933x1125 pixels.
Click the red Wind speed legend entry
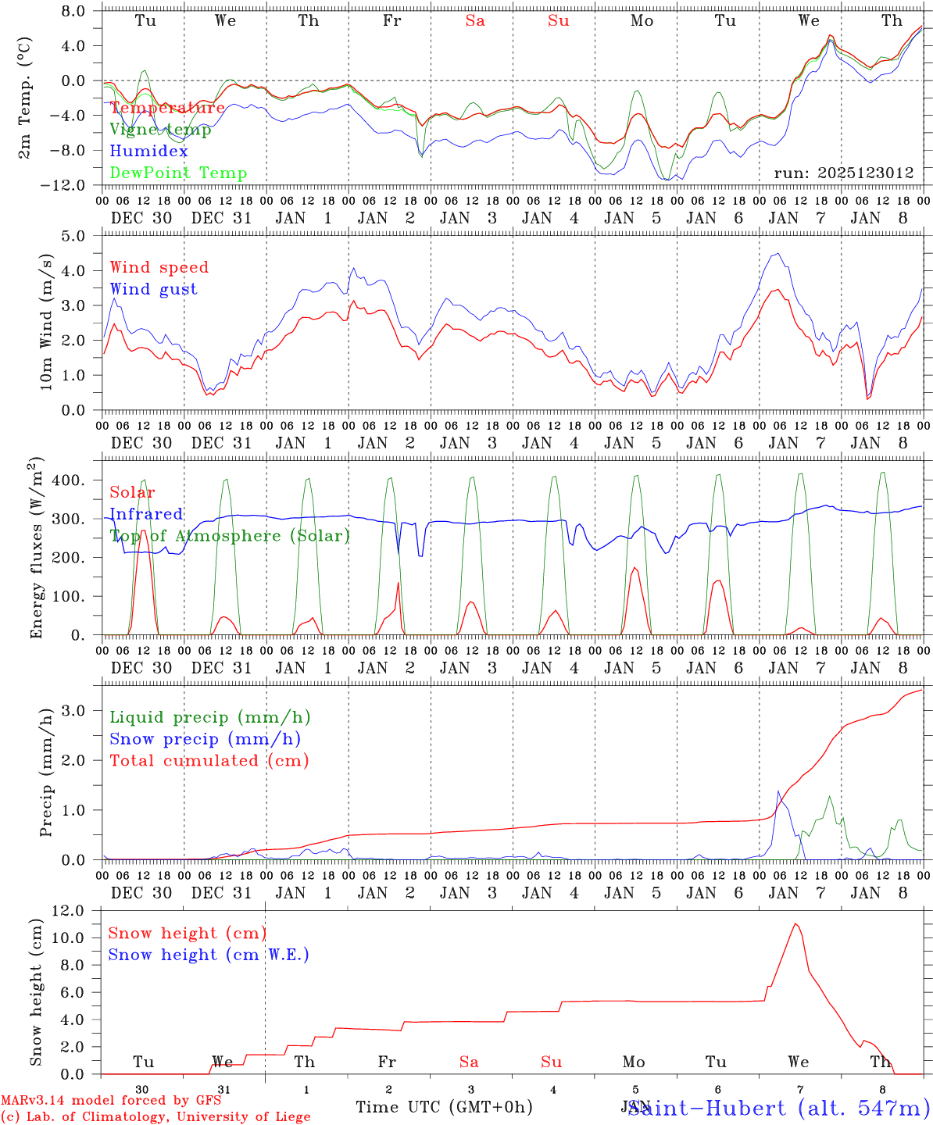pyautogui.click(x=159, y=268)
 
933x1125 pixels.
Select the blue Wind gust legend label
pyautogui.click(x=153, y=289)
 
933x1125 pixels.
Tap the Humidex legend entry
pyautogui.click(x=148, y=152)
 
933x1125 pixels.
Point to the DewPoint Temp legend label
pyautogui.click(x=178, y=173)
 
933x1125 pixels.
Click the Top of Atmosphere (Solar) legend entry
pyautogui.click(x=230, y=536)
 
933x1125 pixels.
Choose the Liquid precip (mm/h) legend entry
pyautogui.click(x=209, y=717)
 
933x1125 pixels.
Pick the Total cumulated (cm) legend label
pyautogui.click(x=209, y=760)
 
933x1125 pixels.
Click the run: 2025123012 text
pyautogui.click(x=843, y=173)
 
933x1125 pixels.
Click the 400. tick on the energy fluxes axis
pyautogui.click(x=68, y=480)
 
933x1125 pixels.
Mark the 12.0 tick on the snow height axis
pyautogui.click(x=73, y=910)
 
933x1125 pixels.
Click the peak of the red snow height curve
pyautogui.click(x=795, y=924)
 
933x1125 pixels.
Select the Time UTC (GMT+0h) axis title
pyautogui.click(x=444, y=1107)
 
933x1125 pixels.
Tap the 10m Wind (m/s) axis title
pyautogui.click(x=46, y=322)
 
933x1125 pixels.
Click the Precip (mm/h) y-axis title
pyautogui.click(x=46, y=772)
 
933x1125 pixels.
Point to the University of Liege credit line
pyautogui.click(x=156, y=1117)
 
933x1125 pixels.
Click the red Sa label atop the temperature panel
pyautogui.click(x=475, y=21)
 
